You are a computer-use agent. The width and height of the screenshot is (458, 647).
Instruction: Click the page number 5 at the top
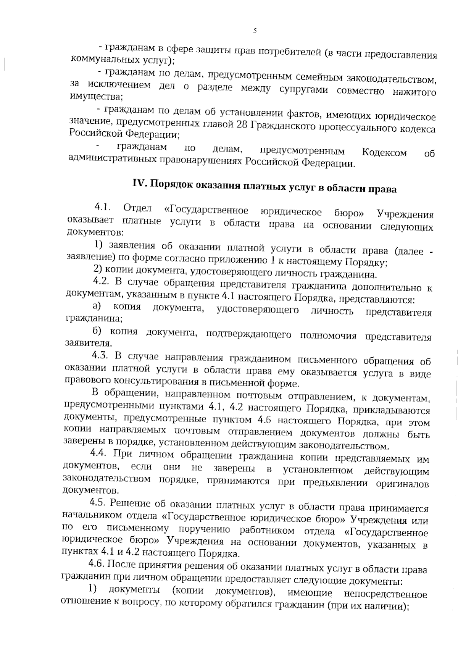point(255,31)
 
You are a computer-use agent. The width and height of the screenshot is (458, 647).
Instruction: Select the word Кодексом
point(384,153)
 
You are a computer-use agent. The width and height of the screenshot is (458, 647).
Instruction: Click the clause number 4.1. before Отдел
point(102,208)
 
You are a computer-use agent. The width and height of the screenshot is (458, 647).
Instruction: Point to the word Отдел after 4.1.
point(138,209)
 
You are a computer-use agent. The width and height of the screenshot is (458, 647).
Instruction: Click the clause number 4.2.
point(101,281)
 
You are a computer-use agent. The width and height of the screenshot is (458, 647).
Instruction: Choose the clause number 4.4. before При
point(99,453)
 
